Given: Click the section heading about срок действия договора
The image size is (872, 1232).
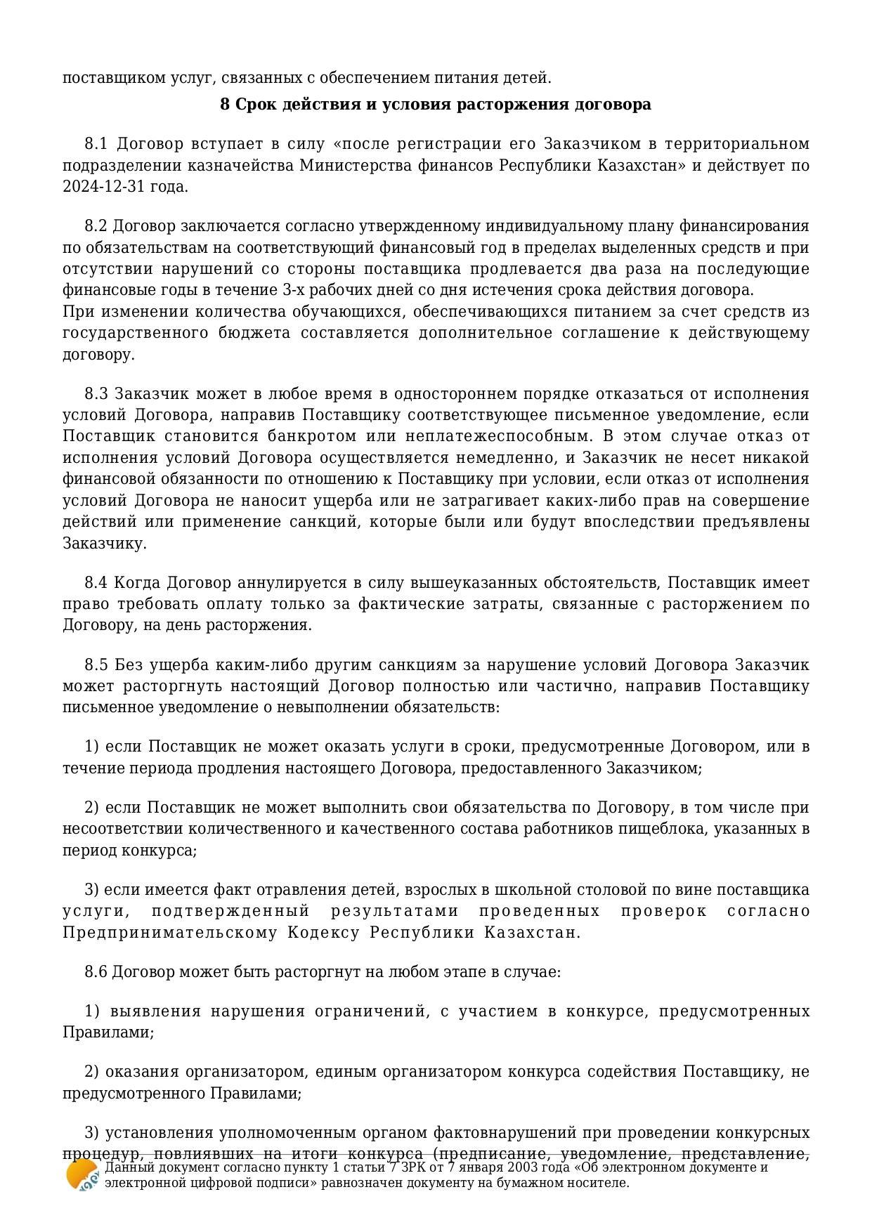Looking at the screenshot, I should click(x=435, y=105).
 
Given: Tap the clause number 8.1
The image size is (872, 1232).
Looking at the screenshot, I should click(x=96, y=144).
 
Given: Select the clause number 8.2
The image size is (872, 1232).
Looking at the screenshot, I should click(x=96, y=226).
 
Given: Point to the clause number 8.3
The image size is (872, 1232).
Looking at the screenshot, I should click(x=96, y=393).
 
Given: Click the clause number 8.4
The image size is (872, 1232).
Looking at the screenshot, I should click(x=96, y=583).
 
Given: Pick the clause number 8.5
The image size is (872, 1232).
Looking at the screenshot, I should click(x=96, y=664).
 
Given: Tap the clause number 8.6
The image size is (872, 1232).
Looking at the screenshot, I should click(x=96, y=972).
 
